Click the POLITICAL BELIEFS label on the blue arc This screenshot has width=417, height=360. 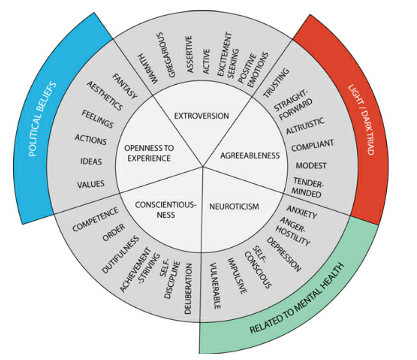point(43,119)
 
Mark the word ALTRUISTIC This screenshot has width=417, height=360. point(305,126)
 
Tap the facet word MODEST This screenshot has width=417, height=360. point(311,165)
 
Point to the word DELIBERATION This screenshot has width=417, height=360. point(189,288)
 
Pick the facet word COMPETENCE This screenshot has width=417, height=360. point(95,219)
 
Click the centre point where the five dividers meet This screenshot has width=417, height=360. point(203,166)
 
